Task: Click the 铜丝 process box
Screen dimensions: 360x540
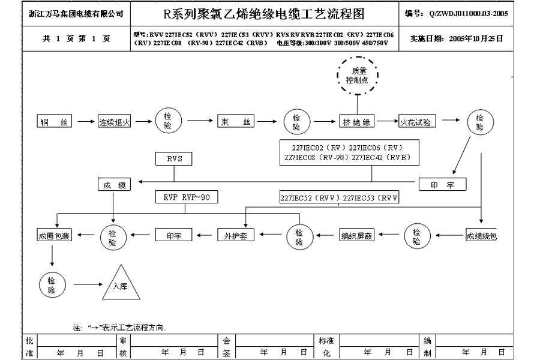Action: click(55, 122)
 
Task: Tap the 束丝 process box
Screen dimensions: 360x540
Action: click(236, 122)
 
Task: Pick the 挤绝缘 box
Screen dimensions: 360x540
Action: click(358, 122)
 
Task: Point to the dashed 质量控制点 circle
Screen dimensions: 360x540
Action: click(357, 75)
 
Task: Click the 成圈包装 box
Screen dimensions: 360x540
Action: click(55, 236)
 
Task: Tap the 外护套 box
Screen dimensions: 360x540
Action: click(235, 236)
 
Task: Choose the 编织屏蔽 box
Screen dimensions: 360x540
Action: click(357, 236)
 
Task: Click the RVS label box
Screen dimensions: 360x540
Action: click(174, 159)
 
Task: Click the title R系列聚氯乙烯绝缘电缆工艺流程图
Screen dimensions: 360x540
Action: click(263, 14)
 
